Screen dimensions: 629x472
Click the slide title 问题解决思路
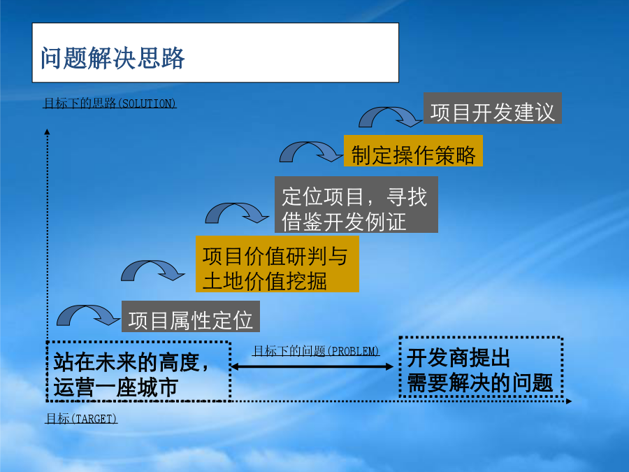[x=113, y=58]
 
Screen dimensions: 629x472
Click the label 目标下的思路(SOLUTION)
[x=110, y=103]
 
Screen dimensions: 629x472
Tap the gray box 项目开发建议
[x=493, y=108]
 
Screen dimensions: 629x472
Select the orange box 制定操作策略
[x=413, y=151]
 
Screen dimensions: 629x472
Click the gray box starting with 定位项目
[x=356, y=205]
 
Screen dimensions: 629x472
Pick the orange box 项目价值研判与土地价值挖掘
[x=277, y=264]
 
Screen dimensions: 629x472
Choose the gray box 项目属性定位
[x=191, y=316]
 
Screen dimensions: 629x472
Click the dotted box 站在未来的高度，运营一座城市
[x=139, y=372]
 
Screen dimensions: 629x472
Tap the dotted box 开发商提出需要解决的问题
[x=481, y=367]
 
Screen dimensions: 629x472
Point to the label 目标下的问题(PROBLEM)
[x=316, y=351]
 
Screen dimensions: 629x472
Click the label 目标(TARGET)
[x=82, y=419]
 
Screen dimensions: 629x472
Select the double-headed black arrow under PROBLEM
[x=312, y=366]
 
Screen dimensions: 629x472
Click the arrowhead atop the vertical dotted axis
[x=48, y=131]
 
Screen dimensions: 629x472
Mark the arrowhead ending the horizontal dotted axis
[x=569, y=401]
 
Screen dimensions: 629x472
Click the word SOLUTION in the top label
[x=147, y=103]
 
